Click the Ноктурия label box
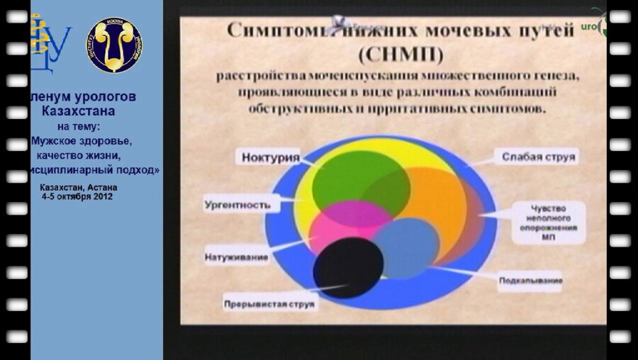click(270, 157)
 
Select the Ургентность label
click(237, 205)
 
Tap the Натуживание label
click(237, 257)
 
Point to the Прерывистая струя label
click(270, 304)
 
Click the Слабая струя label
click(539, 155)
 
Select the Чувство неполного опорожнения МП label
click(549, 223)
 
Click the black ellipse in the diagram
click(348, 267)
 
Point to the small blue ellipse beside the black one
click(408, 248)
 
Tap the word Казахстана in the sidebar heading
click(78, 111)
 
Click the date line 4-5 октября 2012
click(77, 196)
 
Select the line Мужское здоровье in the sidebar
click(86, 140)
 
